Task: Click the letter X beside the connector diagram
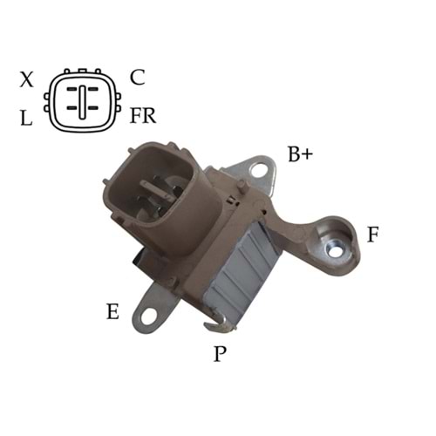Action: [27, 80]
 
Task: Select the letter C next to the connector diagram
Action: [137, 77]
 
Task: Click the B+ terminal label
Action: [300, 155]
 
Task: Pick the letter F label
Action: [372, 234]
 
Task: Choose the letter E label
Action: [112, 311]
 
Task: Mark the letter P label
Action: [220, 353]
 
